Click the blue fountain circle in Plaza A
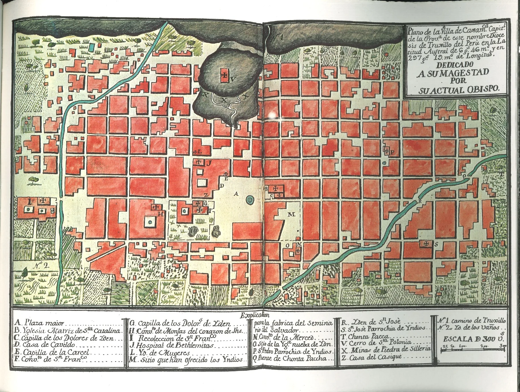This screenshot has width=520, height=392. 250,200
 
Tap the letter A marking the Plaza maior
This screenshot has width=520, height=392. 235,194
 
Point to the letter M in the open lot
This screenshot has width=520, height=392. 291,214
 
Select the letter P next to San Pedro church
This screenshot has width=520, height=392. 392,152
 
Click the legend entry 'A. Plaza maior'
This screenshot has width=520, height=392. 40,323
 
